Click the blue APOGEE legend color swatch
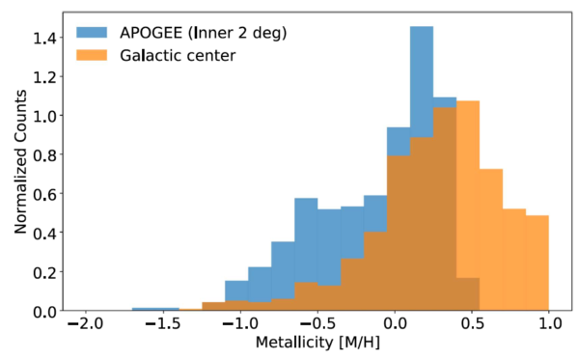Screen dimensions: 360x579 point(95,34)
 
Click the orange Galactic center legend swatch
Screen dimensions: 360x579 point(95,55)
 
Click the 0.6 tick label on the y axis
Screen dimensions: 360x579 point(45,194)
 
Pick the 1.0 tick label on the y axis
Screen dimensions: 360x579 point(45,116)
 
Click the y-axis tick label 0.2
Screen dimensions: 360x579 point(45,272)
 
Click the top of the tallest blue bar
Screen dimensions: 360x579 point(422,27)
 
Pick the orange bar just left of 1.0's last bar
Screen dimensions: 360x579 point(514,261)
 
